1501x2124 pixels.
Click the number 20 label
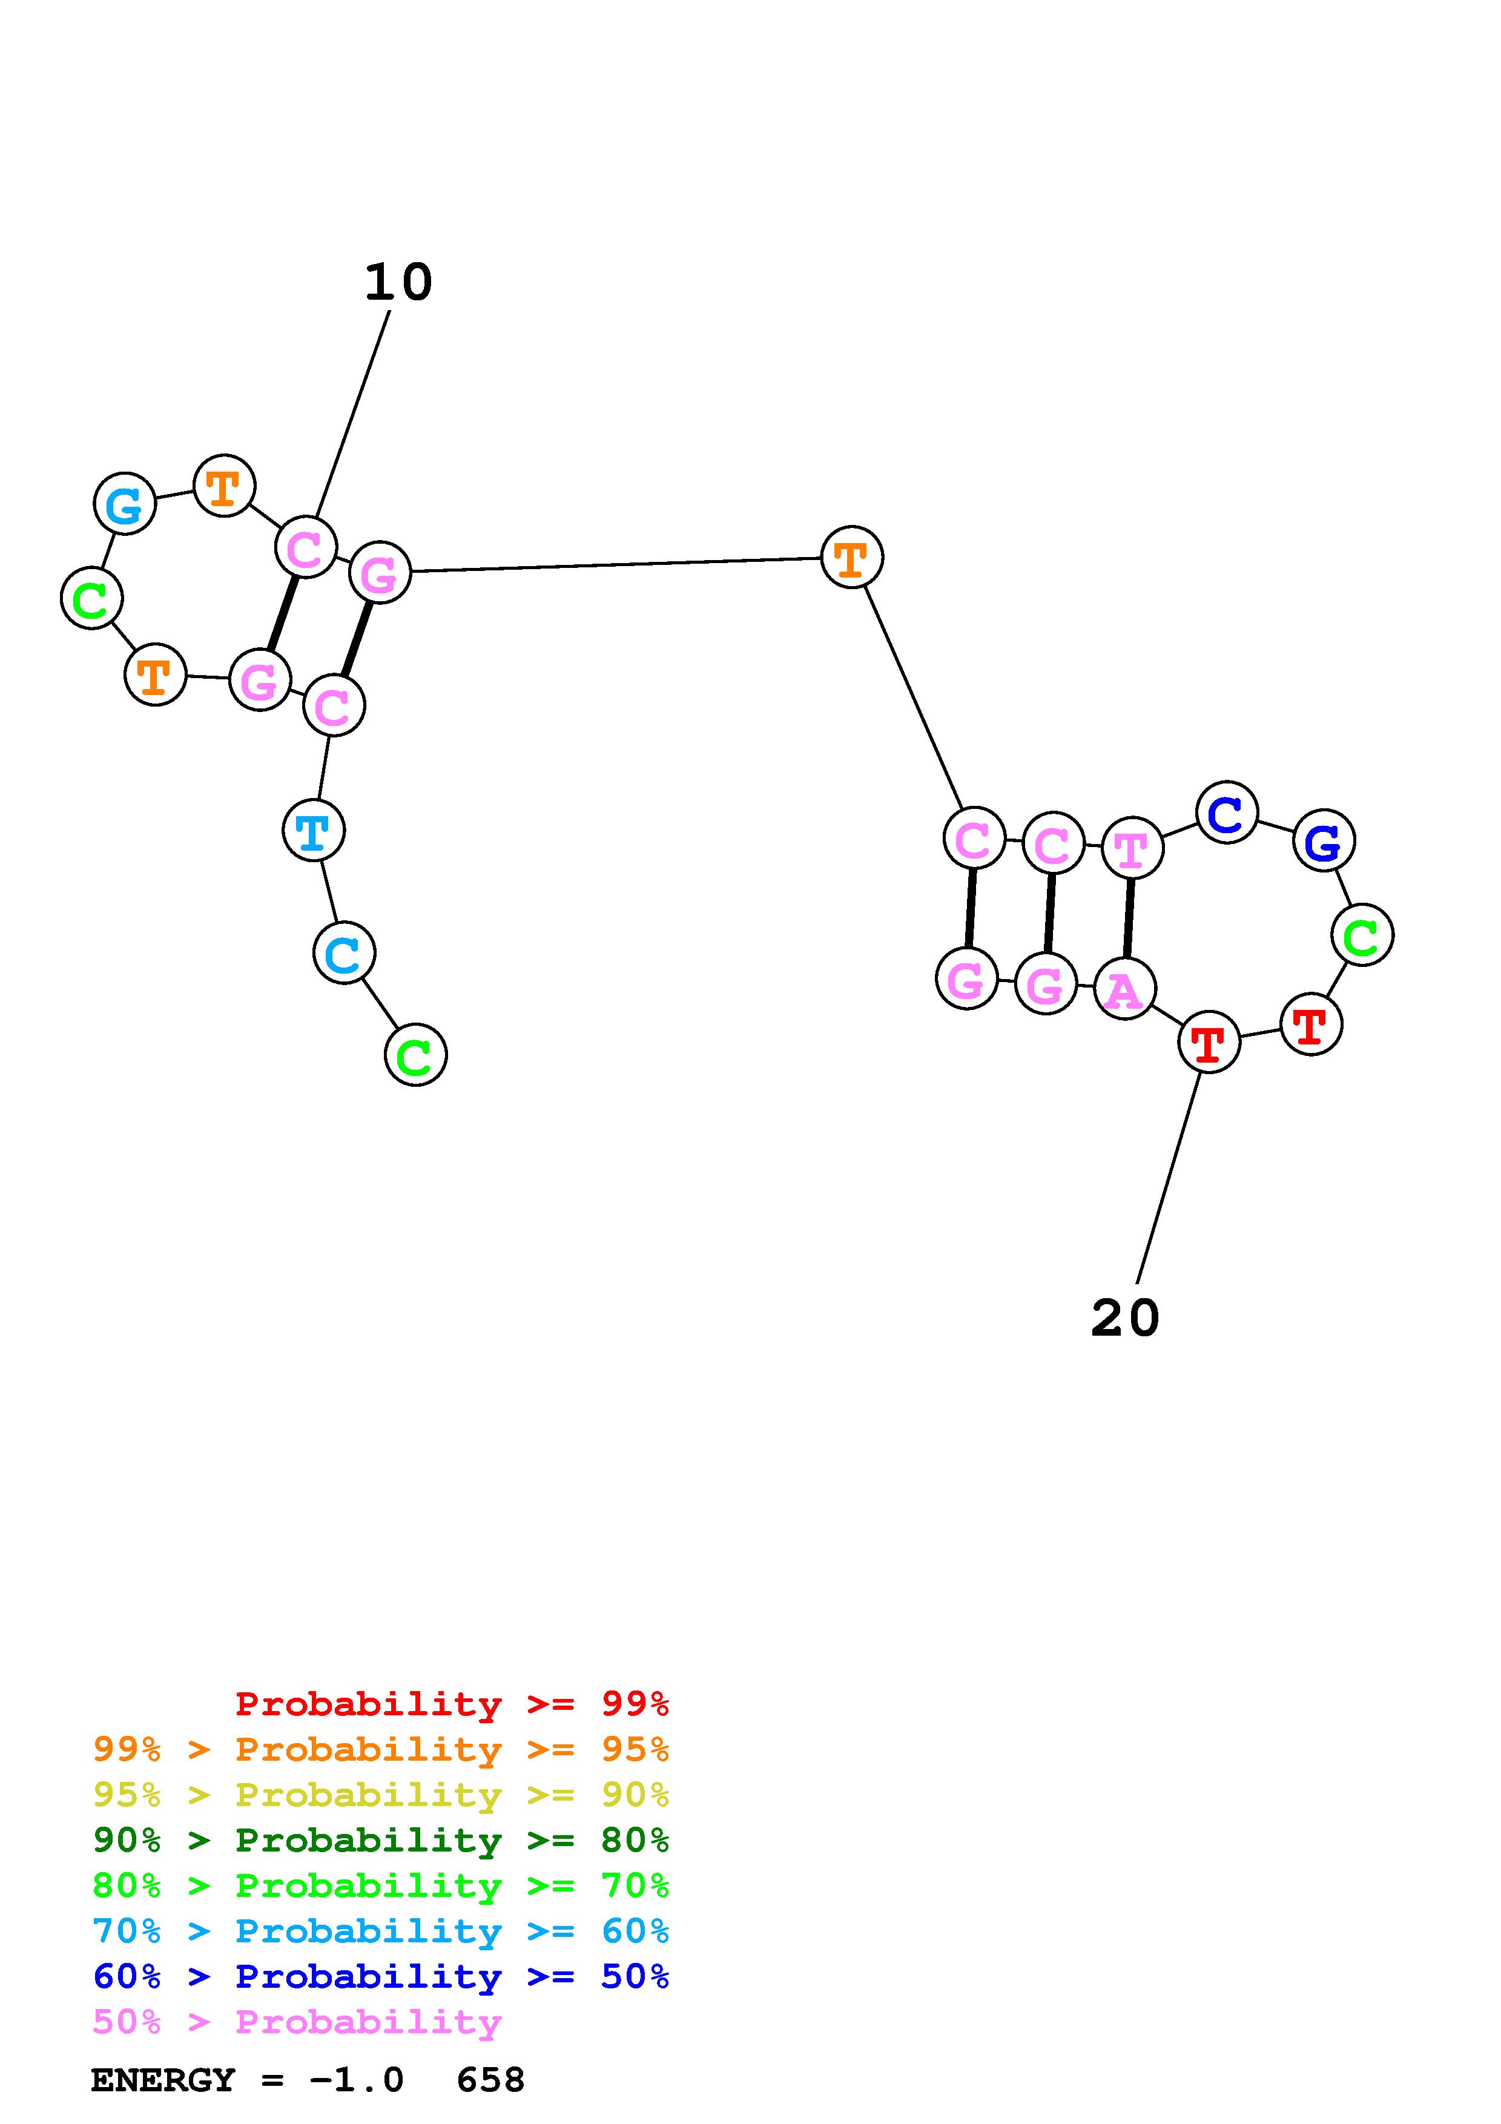coord(1124,1318)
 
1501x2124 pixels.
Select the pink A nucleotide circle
coord(1124,989)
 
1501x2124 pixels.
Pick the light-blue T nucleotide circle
coord(314,830)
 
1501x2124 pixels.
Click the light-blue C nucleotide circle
coord(344,953)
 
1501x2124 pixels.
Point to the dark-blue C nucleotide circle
coord(1226,813)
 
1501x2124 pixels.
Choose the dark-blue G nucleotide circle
coord(1324,841)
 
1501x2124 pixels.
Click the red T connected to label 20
coord(1209,1043)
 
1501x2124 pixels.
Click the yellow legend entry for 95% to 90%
coord(381,1795)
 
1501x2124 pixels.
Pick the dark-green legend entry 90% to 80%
coord(381,1840)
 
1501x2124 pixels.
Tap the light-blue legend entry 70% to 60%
coord(381,1931)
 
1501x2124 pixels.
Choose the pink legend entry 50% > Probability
coord(297,2021)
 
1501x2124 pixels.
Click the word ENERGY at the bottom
coord(163,2080)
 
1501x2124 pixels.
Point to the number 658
coord(490,2080)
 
